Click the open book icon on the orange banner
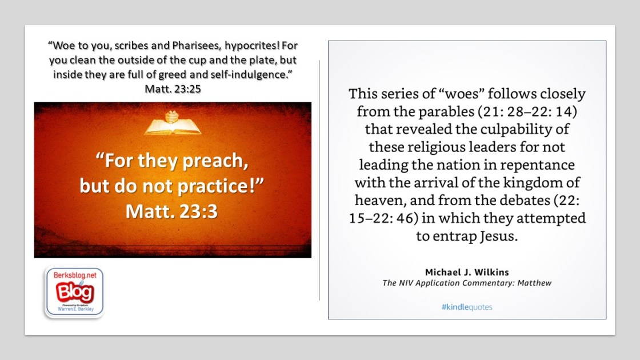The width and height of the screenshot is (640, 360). coord(173,123)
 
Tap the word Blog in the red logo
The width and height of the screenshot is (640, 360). coord(75,292)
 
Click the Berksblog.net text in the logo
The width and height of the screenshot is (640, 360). coord(75,275)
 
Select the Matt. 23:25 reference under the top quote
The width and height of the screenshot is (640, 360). coord(173,89)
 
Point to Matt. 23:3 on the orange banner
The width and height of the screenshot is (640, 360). coord(171,211)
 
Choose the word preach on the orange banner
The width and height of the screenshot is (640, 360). coord(215,161)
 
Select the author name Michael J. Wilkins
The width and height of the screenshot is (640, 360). coord(467,272)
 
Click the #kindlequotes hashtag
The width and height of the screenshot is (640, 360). coord(467,307)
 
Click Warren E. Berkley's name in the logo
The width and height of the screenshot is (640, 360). coord(75,309)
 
